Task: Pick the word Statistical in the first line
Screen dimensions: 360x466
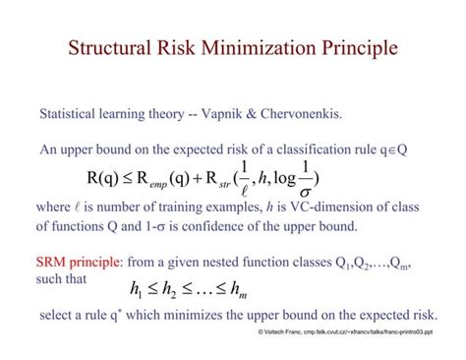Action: click(75, 113)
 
